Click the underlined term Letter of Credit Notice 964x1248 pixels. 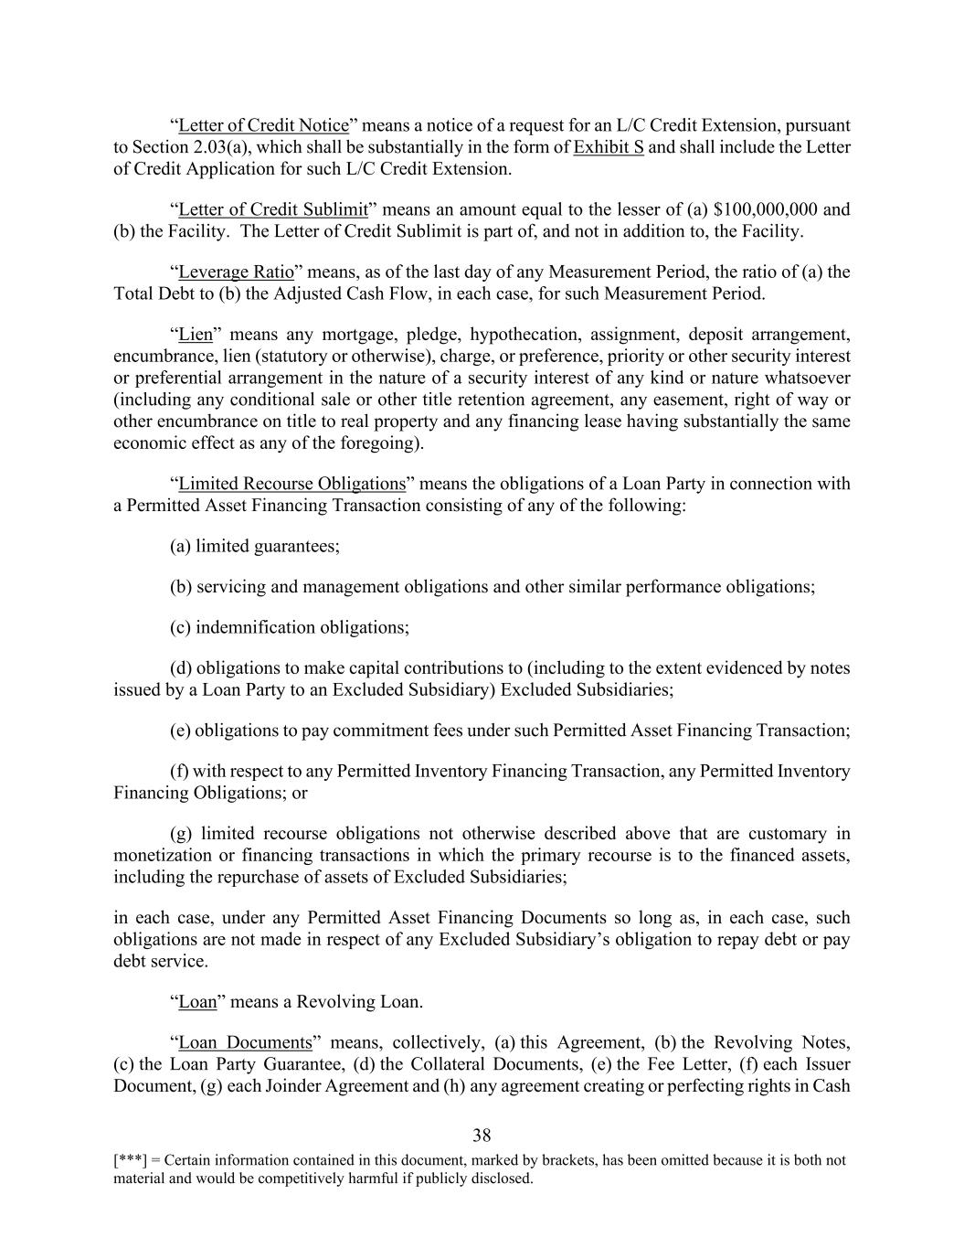(263, 125)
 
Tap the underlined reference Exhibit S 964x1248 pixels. (609, 147)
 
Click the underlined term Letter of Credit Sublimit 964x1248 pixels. (272, 209)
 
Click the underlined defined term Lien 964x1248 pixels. (196, 334)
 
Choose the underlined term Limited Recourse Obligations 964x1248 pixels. (291, 484)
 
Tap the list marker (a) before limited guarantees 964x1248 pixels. (181, 546)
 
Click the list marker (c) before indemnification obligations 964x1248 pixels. (181, 627)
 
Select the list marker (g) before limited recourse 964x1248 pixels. (181, 833)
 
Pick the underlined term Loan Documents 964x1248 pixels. (245, 1042)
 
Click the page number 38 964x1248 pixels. (482, 1136)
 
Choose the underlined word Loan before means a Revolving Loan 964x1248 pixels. (197, 1001)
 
